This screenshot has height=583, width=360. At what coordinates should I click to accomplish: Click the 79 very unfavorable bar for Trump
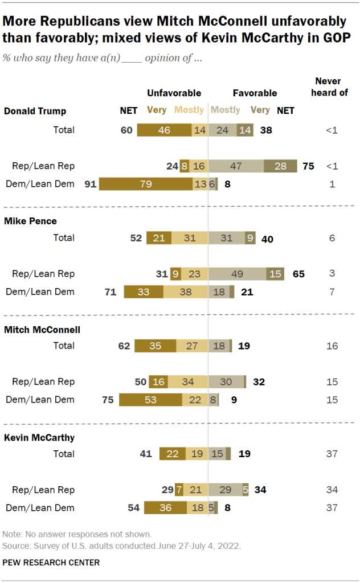tap(146, 184)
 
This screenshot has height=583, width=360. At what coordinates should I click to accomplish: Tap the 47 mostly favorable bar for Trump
tap(236, 166)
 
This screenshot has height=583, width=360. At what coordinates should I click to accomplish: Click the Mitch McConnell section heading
tap(42, 329)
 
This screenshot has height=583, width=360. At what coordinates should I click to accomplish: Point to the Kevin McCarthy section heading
tap(39, 438)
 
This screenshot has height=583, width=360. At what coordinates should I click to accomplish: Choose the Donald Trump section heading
tap(35, 111)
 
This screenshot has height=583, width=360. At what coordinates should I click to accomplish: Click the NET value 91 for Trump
tap(89, 184)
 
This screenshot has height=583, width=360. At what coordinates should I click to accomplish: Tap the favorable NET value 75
tap(308, 166)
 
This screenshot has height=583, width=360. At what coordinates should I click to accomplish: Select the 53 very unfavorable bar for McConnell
tap(150, 400)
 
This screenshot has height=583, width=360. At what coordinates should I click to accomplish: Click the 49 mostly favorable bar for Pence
tap(237, 274)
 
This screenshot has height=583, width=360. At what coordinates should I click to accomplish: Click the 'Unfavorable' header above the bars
tap(174, 93)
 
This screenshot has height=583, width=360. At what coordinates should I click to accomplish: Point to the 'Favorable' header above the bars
tap(255, 93)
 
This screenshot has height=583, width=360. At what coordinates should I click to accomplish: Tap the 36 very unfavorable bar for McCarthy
tap(165, 508)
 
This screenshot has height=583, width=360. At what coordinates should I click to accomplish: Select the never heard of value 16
tap(332, 345)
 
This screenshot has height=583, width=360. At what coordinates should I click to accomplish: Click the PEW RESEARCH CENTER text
tap(51, 563)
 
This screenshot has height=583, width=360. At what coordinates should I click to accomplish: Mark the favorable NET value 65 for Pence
tap(298, 274)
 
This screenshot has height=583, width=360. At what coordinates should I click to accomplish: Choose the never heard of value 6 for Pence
tap(332, 238)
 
